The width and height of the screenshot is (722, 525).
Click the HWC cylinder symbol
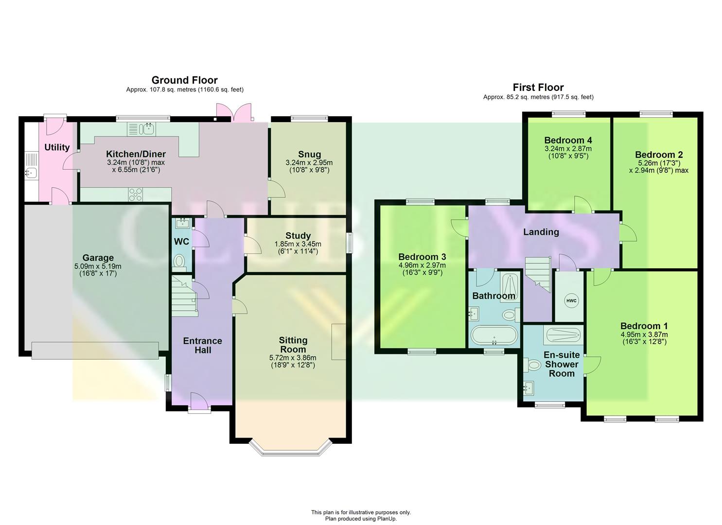[571, 301]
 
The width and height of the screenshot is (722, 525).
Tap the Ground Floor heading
[184, 80]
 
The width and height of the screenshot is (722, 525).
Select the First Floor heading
[538, 87]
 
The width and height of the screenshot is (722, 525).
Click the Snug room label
[310, 155]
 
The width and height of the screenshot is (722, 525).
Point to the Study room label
[298, 236]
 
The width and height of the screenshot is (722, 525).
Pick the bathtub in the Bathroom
[494, 336]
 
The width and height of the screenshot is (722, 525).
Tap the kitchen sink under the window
[146, 129]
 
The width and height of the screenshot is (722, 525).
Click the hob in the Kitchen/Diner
[136, 195]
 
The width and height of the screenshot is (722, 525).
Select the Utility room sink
[30, 173]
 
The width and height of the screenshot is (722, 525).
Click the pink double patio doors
[234, 112]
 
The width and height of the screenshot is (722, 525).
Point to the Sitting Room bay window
[290, 449]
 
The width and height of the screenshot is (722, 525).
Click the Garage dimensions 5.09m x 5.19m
[98, 266]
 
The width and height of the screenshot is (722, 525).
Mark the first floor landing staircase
[538, 273]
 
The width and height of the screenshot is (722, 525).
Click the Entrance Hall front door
[199, 403]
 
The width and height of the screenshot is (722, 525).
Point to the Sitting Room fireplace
[338, 342]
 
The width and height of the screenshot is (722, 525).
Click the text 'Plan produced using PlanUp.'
[361, 519]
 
